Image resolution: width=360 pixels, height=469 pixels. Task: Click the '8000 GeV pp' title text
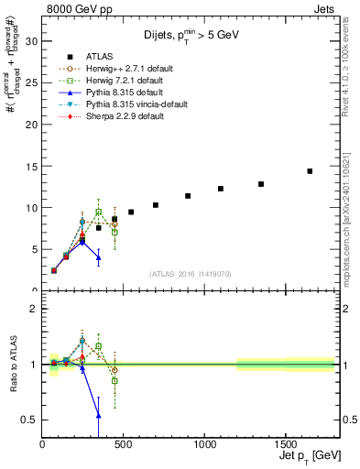[76, 8]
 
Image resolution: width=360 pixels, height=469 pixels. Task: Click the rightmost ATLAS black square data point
[310, 171]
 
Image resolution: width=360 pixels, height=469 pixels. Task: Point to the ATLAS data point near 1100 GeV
[221, 189]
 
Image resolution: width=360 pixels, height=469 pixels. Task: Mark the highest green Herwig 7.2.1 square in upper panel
[98, 212]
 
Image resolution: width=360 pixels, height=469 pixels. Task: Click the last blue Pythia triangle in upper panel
[98, 257]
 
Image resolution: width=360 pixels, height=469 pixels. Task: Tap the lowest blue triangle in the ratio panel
[98, 415]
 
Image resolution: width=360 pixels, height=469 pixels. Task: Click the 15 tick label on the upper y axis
[31, 166]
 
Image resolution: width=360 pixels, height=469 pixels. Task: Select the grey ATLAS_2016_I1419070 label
[189, 274]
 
